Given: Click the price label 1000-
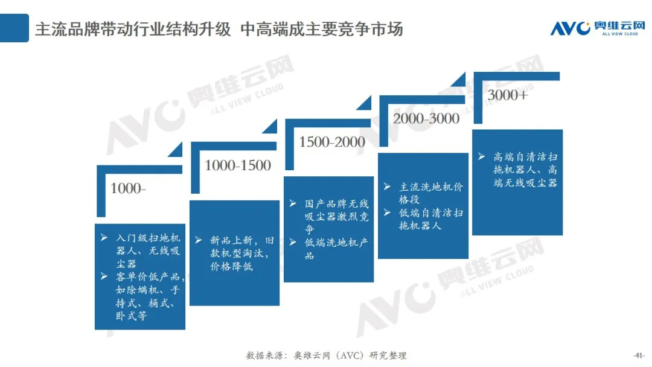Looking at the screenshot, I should [x=128, y=188].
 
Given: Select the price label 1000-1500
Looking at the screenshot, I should [x=238, y=165].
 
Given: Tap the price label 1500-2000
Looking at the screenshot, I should [x=332, y=142].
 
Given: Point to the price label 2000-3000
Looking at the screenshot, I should [x=426, y=118].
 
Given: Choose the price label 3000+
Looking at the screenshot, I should [x=507, y=95].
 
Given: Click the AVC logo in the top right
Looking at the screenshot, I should [x=597, y=28].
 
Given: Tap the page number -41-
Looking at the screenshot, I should [x=639, y=355].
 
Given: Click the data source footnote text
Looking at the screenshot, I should [x=326, y=355].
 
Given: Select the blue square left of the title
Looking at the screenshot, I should [x=14, y=28].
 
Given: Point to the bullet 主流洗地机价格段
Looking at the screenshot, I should [x=430, y=193].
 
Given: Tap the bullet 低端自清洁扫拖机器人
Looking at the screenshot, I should [x=430, y=219].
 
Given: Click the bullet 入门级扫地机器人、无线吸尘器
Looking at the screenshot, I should [x=148, y=251].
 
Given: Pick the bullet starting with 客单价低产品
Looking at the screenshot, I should [x=150, y=296].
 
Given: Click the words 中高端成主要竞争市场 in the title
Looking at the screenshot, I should [x=321, y=29].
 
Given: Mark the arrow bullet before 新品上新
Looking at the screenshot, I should [x=197, y=240].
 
